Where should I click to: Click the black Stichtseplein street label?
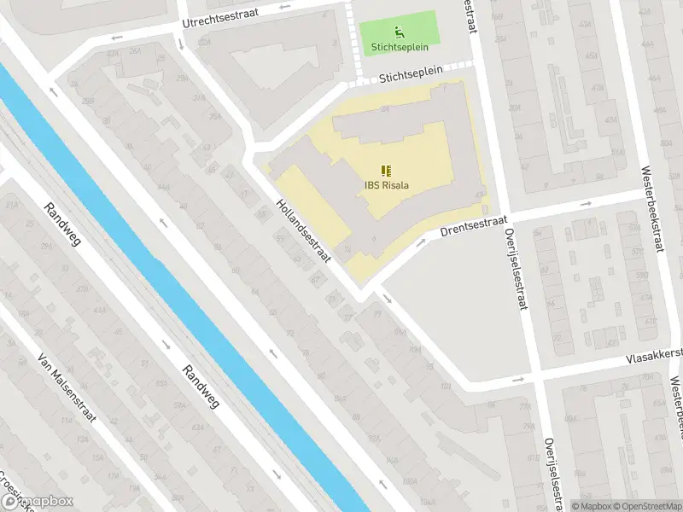click(x=412, y=74)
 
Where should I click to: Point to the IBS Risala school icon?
click(x=384, y=170)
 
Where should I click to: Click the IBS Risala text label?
click(x=384, y=185)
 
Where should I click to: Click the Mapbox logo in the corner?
click(x=38, y=502)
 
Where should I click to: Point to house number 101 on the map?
click(x=447, y=385)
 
